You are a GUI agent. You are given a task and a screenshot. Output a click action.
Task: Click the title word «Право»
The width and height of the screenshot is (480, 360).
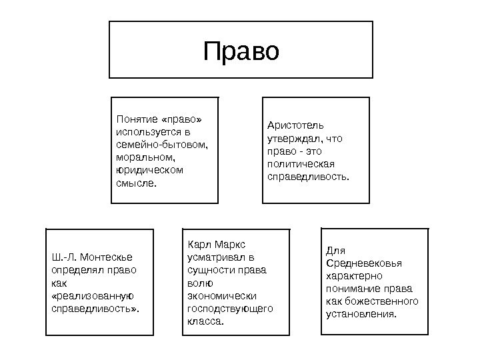pos(241,51)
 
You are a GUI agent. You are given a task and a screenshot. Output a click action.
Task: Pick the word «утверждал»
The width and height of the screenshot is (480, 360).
pos(293,139)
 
